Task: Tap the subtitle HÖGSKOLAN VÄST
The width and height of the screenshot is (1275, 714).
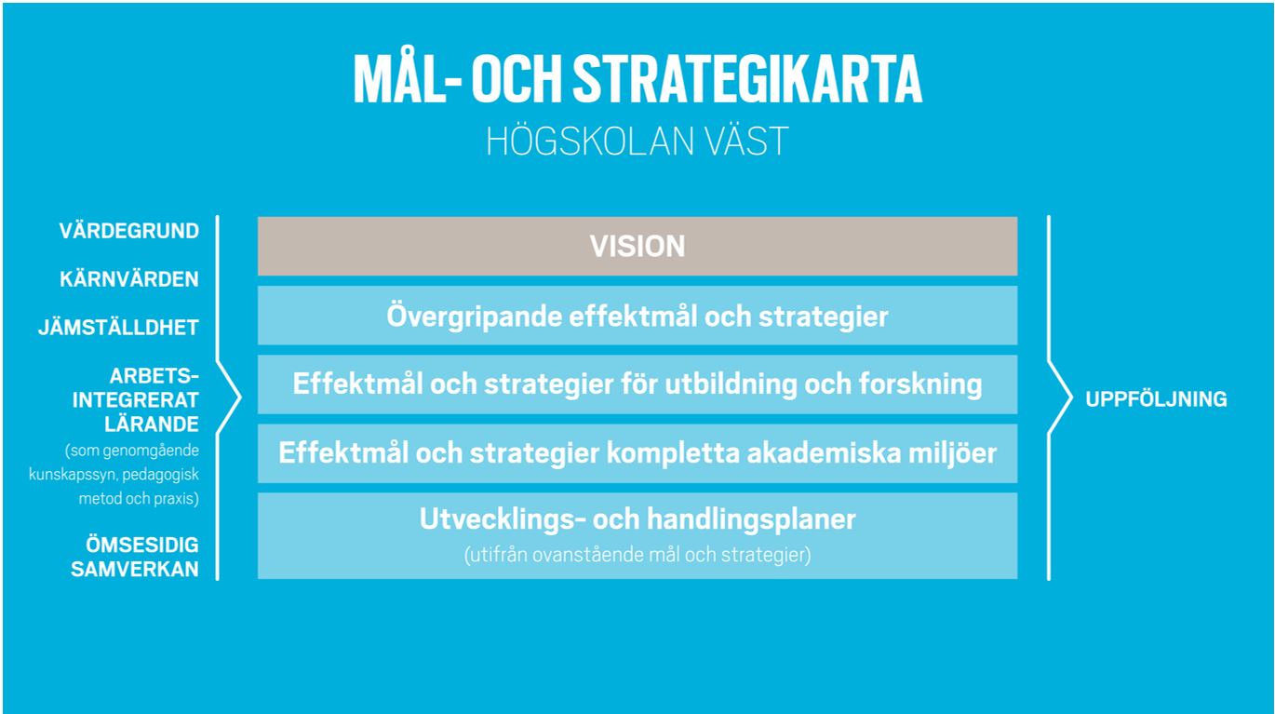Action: point(637,141)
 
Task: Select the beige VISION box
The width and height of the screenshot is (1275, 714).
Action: point(637,246)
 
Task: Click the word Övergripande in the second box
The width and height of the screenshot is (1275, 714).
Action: point(474,317)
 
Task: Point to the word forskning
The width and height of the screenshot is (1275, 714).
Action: point(920,384)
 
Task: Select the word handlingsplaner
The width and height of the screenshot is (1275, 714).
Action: point(751,519)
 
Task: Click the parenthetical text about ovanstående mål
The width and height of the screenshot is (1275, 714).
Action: point(637,555)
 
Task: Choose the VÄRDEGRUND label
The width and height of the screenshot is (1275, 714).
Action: point(129,231)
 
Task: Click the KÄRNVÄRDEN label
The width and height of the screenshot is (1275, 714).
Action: point(129,279)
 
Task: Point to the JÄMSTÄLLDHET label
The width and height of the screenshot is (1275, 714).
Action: point(118,328)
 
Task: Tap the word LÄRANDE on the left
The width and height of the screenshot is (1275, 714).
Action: point(152,424)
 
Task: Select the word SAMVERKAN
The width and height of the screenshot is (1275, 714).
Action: point(135,569)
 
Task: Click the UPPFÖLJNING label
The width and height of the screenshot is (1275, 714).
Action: point(1156,398)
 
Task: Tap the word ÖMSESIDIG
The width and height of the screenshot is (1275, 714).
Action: point(142,545)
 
